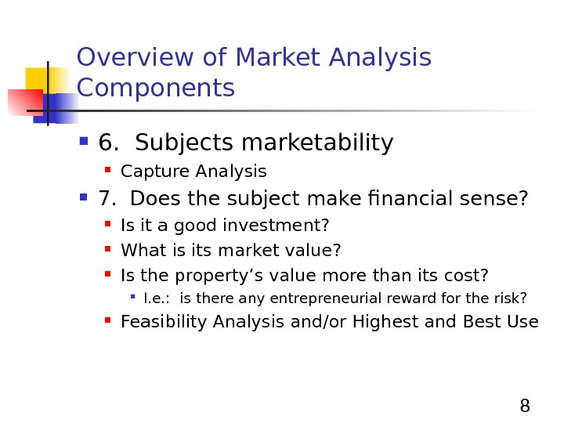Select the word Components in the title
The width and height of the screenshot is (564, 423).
pos(157,89)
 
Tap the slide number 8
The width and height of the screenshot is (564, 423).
pos(525,406)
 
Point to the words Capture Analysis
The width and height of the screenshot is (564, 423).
pos(193,172)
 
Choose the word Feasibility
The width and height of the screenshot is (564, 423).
pos(157,321)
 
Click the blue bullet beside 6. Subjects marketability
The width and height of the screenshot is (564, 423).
pos(84,144)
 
